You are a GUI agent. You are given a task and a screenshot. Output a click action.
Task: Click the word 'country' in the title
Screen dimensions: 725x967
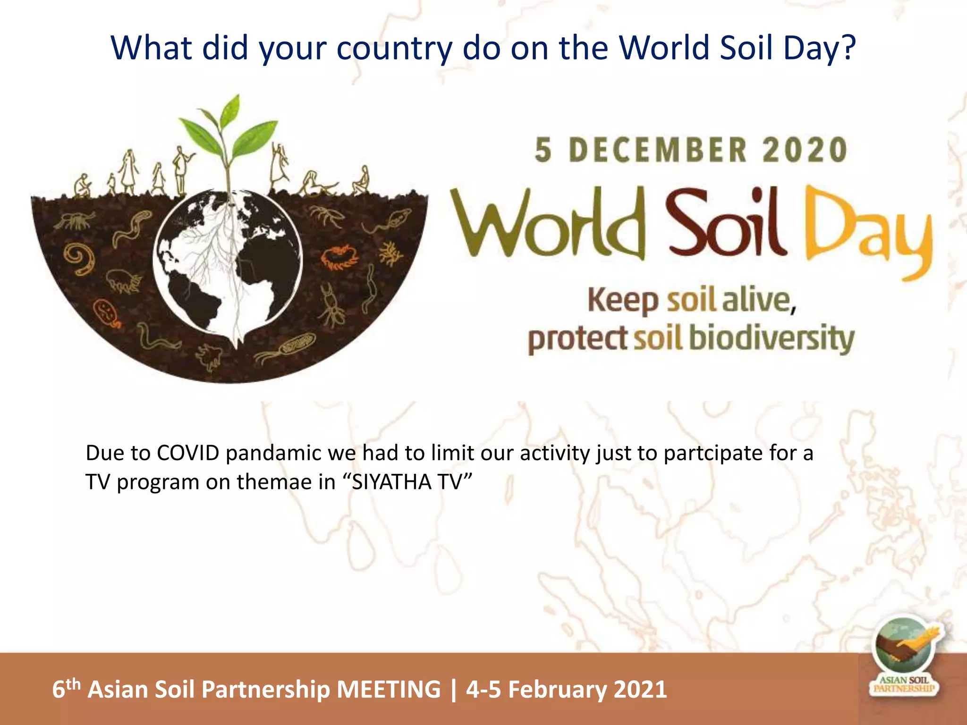394,49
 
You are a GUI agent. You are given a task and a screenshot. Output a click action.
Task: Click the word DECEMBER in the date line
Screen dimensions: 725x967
658,150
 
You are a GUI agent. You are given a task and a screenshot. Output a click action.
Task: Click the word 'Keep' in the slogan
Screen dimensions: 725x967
622,301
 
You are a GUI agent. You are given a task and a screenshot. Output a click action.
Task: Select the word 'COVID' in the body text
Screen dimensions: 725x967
188,453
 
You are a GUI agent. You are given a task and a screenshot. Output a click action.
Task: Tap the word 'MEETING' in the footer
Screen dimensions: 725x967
389,689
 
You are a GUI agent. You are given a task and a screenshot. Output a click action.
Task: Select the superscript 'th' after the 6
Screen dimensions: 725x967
73,683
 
